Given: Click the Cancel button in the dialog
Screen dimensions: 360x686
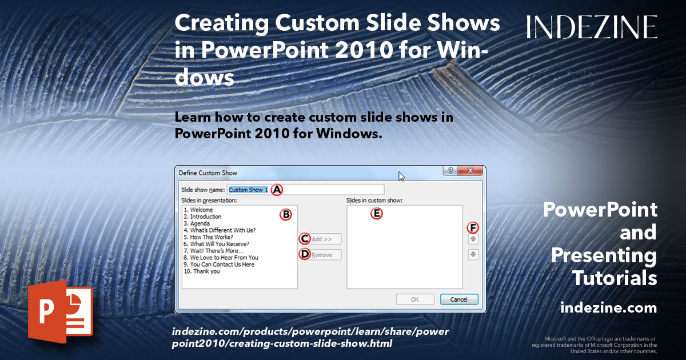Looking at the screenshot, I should coord(458,299).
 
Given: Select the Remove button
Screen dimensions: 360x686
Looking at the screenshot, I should coord(321,255).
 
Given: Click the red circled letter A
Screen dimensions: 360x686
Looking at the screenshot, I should coord(277,189).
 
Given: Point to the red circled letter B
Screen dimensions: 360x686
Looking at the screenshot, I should coord(285,214).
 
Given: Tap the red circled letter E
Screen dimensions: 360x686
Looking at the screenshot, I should coord(376,214).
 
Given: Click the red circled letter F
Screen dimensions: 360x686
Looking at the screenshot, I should coord(473,227).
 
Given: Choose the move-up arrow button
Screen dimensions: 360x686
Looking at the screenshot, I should coord(473,239).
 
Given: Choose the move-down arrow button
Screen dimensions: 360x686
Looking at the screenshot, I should coord(473,255).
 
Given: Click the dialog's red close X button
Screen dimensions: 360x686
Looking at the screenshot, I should coord(470,171).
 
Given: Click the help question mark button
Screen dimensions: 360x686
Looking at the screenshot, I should coord(451,171).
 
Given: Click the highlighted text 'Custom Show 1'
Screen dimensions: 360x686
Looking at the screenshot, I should coord(248,189).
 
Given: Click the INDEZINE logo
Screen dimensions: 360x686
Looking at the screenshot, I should coord(592,27).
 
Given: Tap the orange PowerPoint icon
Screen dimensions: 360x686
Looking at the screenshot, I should coord(59,311).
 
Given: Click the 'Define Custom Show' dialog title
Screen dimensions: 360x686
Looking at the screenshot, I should coord(208,173).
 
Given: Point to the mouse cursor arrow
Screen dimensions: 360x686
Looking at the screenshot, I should coord(401,176).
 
